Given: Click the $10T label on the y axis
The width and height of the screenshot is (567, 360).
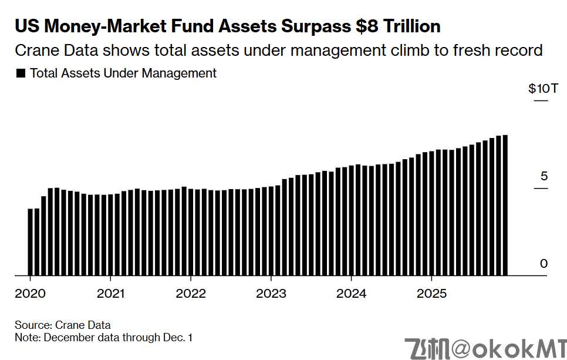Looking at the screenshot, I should [x=543, y=89].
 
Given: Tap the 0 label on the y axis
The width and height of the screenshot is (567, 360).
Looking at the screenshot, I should [x=544, y=264].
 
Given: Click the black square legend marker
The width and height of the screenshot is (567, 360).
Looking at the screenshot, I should [x=21, y=74].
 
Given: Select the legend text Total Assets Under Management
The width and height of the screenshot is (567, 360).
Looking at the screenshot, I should [x=123, y=73].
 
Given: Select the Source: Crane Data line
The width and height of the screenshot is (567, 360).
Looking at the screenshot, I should [x=63, y=325].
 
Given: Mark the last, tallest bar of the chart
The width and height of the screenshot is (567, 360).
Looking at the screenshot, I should [x=505, y=205].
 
